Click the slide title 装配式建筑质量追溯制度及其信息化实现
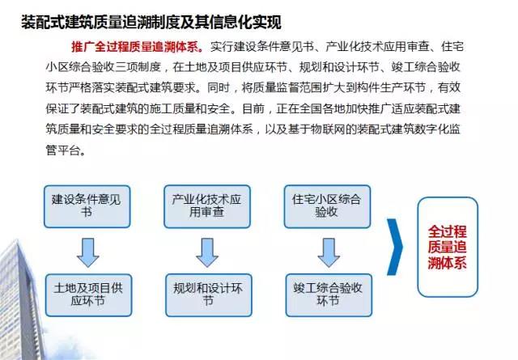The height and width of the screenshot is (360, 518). coord(151,23)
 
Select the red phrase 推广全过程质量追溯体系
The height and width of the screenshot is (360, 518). coord(137,47)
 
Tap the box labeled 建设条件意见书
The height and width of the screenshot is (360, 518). coord(87,206)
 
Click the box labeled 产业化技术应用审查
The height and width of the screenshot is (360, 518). coord(207,206)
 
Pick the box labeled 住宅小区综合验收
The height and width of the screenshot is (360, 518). coord(327,206)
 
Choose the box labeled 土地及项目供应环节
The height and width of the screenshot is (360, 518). coord(88,295)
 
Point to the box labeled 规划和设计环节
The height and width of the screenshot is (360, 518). coord(209,295)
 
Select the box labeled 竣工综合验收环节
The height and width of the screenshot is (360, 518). coord(329,295)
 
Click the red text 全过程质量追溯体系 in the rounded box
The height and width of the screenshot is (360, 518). coord(448,247)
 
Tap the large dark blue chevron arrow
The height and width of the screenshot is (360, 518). coord(397,247)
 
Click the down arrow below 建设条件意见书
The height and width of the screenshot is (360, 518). coord(88,252)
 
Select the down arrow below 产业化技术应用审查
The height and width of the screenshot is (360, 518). coord(207,252)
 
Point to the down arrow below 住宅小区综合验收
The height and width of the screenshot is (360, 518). coord(329,252)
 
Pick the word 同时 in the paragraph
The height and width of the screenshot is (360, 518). coord(219,87)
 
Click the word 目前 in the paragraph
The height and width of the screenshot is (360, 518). coord(253,108)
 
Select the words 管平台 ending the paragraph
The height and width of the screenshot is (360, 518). coord(63,150)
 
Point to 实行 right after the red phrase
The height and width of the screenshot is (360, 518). coord(221,47)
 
